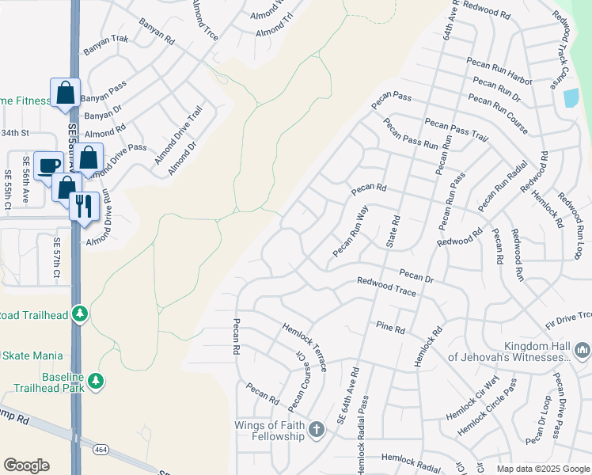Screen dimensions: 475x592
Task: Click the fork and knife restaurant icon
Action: pyautogui.click(x=84, y=207)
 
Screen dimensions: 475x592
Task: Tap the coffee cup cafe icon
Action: pyautogui.click(x=49, y=165)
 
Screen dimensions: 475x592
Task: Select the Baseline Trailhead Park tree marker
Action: pyautogui.click(x=96, y=381)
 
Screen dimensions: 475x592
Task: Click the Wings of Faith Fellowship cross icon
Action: pyautogui.click(x=316, y=430)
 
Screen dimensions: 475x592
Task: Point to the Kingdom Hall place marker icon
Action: pyautogui.click(x=582, y=349)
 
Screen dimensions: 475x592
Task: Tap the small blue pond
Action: pyautogui.click(x=570, y=98)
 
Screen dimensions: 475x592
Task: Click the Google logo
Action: pyautogui.click(x=26, y=465)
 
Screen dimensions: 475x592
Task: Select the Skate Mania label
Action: pyautogui.click(x=33, y=356)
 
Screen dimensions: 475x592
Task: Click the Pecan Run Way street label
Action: pyautogui.click(x=351, y=232)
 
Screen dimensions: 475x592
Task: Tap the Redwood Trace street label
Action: pyautogui.click(x=386, y=286)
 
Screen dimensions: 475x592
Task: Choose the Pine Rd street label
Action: pyautogui.click(x=390, y=327)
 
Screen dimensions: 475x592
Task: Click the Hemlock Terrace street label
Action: pyautogui.click(x=305, y=347)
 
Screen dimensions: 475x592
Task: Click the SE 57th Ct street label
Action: pyautogui.click(x=57, y=257)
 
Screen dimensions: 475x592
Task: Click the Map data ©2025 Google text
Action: pyautogui.click(x=543, y=469)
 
